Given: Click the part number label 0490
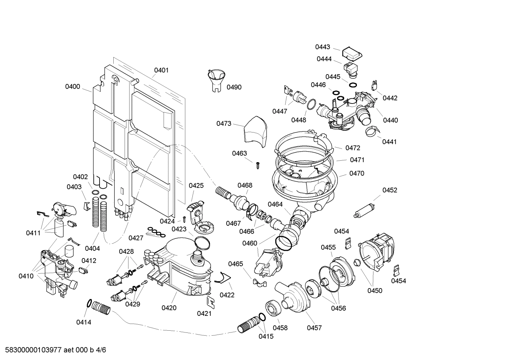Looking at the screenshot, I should [x=234, y=87].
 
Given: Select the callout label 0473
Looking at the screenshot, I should [x=224, y=123].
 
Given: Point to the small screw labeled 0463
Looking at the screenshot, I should [x=258, y=164].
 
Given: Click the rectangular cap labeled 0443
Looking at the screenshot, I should [x=352, y=53].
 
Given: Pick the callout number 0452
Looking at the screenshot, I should [x=390, y=190].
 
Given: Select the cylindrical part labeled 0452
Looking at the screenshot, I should [x=364, y=210].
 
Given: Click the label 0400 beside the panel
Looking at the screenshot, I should [x=72, y=87].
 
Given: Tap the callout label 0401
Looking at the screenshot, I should [x=161, y=70].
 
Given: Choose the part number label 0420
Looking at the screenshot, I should [x=169, y=308].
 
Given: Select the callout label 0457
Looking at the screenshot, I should [x=314, y=328].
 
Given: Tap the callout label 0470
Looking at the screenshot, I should [x=357, y=173].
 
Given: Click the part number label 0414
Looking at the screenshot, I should [x=84, y=322].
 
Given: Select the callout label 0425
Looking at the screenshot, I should [x=196, y=185].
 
